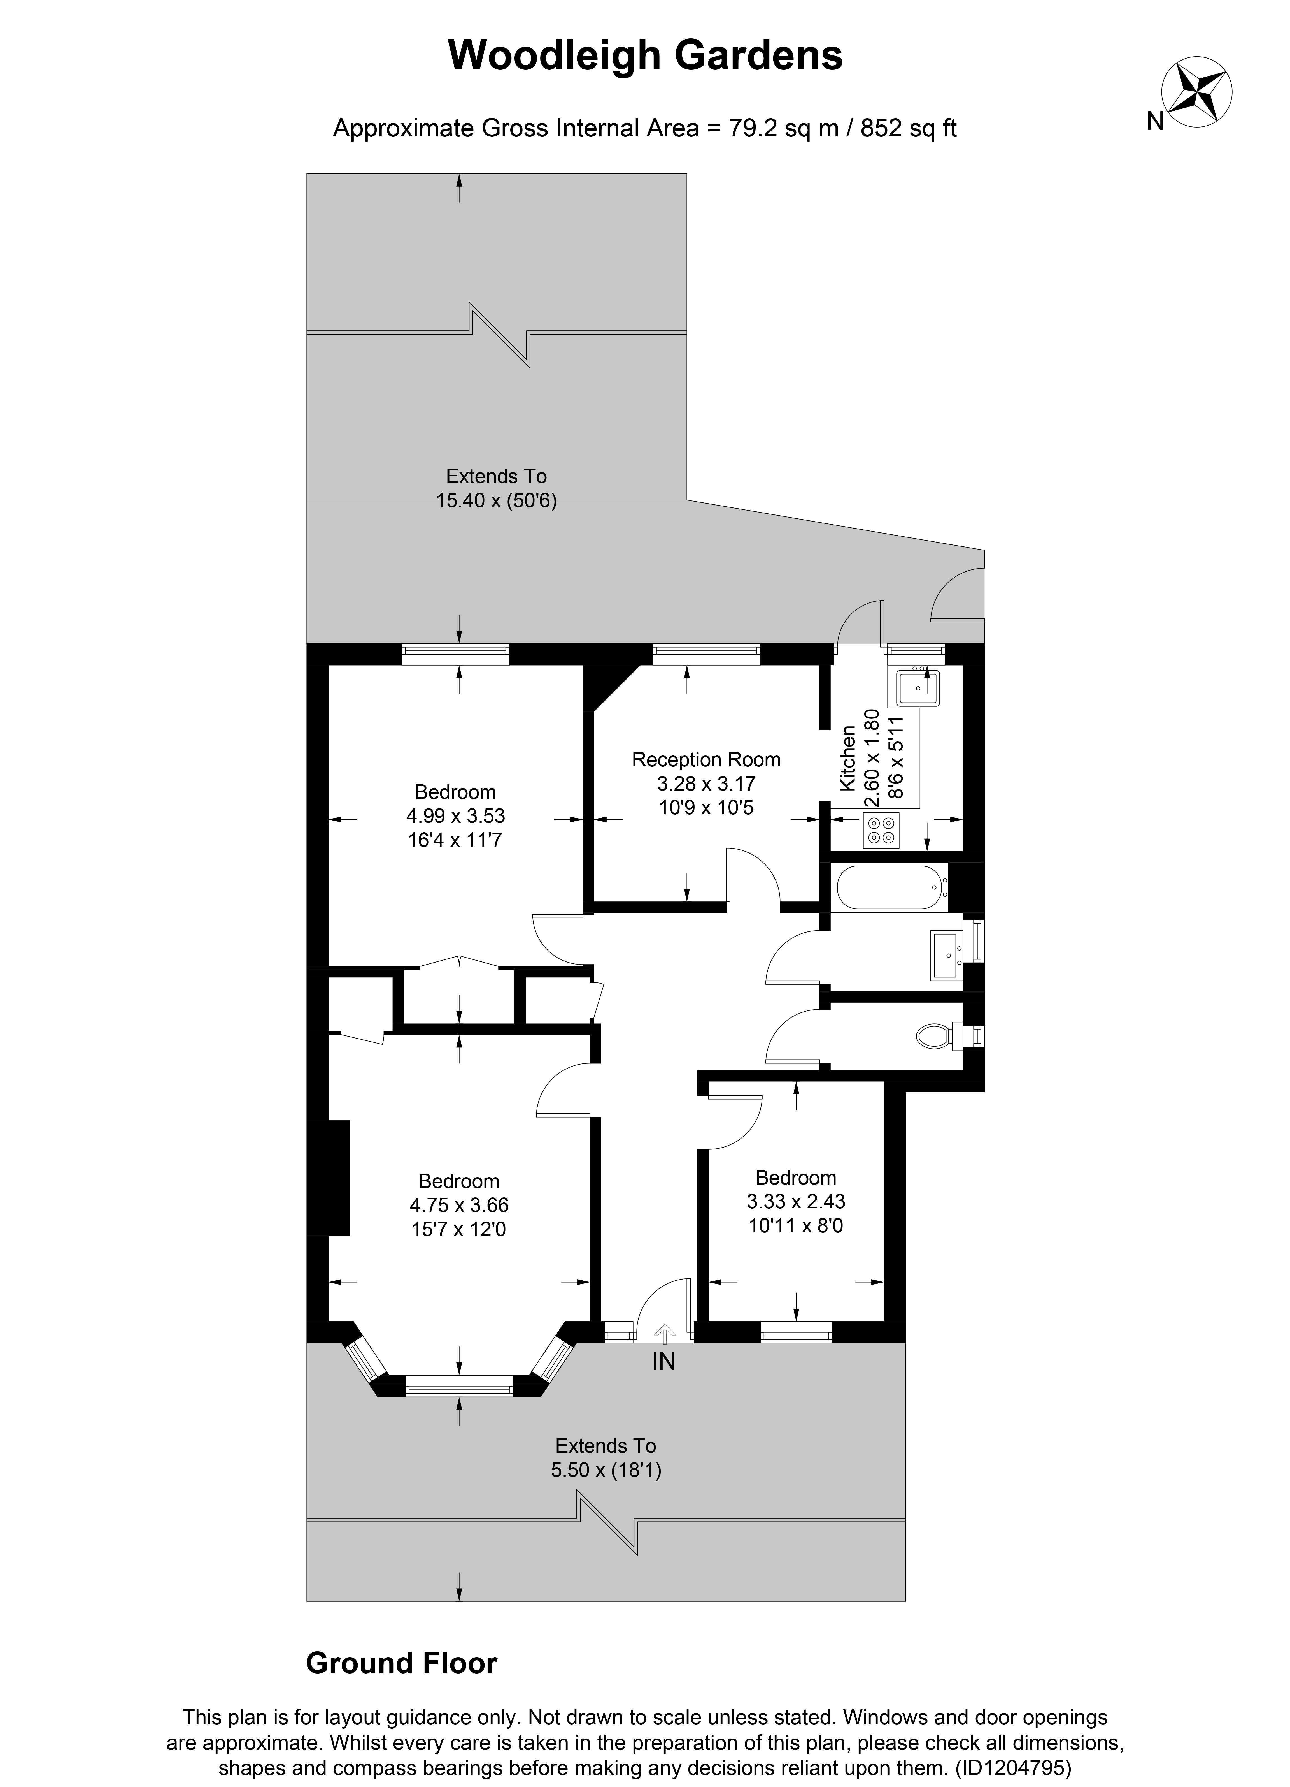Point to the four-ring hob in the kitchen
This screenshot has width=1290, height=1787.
pyautogui.click(x=881, y=830)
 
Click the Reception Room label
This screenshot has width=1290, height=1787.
pyautogui.click(x=706, y=760)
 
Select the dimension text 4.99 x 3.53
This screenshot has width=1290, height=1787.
pyautogui.click(x=455, y=815)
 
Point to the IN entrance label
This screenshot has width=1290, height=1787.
pyautogui.click(x=663, y=1361)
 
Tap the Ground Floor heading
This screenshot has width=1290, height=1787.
pyautogui.click(x=401, y=1663)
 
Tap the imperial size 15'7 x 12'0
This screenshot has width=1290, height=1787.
pyautogui.click(x=458, y=1229)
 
